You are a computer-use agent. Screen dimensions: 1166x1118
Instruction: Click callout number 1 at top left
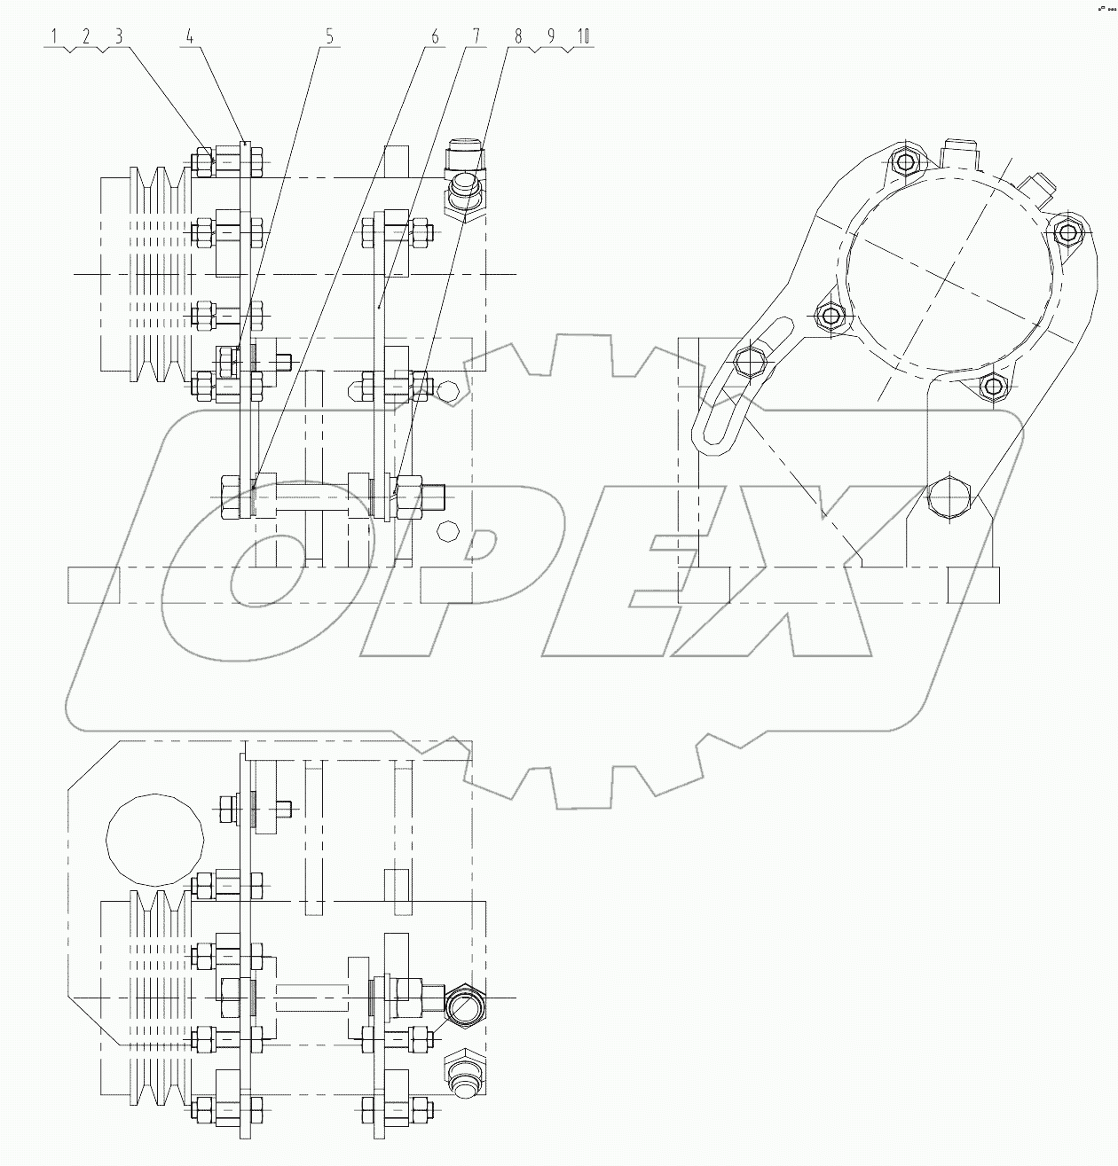(54, 36)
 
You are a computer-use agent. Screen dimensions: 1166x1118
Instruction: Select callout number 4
(189, 36)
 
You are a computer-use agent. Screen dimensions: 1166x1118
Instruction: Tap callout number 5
(329, 36)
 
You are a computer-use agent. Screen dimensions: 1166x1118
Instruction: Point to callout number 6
(435, 36)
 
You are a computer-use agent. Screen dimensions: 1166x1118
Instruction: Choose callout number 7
(476, 36)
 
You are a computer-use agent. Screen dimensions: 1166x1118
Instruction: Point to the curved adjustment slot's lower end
(711, 438)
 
